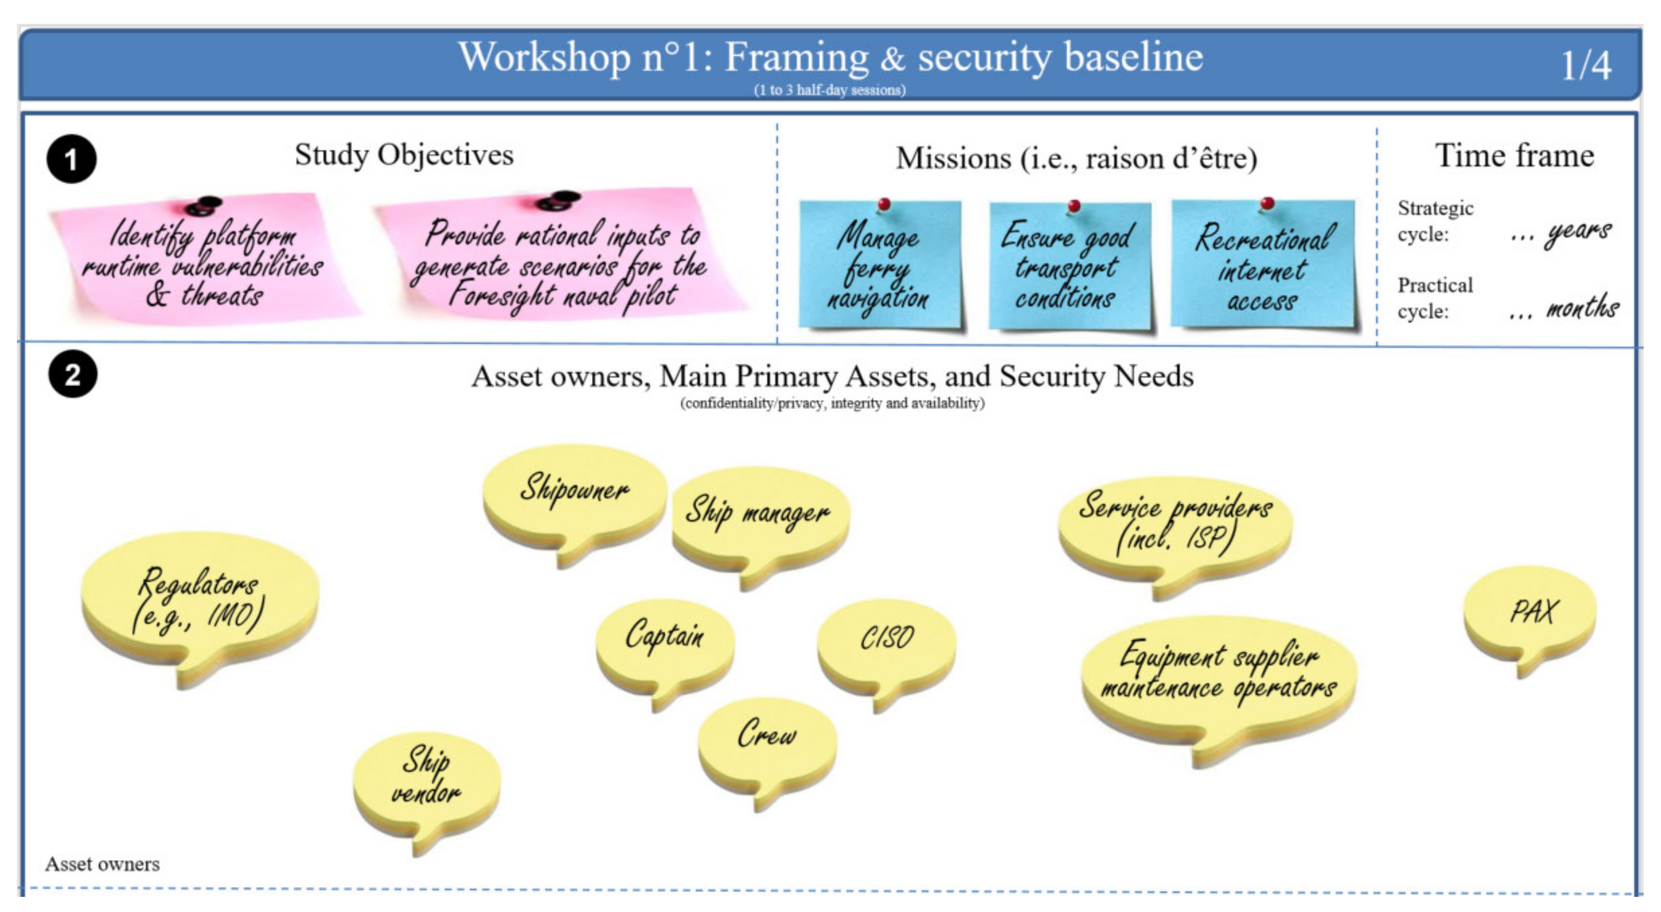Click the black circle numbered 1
click(x=71, y=159)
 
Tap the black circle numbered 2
click(x=72, y=374)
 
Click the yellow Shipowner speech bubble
click(x=574, y=500)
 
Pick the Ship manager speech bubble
click(x=760, y=522)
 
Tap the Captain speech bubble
click(x=665, y=648)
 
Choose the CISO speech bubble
click(x=887, y=648)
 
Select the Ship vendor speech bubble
click(x=426, y=787)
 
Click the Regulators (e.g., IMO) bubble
click(x=200, y=603)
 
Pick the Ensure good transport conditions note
click(x=1069, y=266)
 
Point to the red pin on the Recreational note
click(x=1267, y=204)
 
